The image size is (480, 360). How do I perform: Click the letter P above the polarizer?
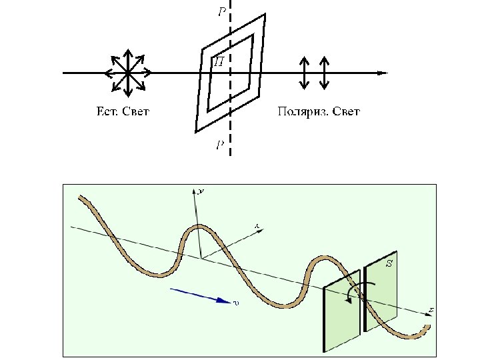(x=221, y=11)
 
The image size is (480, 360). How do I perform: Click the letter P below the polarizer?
(x=220, y=145)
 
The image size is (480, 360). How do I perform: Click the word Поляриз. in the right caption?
(x=301, y=111)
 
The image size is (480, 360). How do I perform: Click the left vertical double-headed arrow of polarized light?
(x=304, y=73)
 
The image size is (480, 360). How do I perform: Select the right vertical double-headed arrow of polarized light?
(x=324, y=73)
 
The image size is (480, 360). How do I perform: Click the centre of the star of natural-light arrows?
(x=127, y=72)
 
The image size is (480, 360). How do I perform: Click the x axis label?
(x=257, y=227)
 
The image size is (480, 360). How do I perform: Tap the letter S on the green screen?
(x=389, y=264)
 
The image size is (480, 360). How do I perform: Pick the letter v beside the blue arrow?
(x=236, y=303)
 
